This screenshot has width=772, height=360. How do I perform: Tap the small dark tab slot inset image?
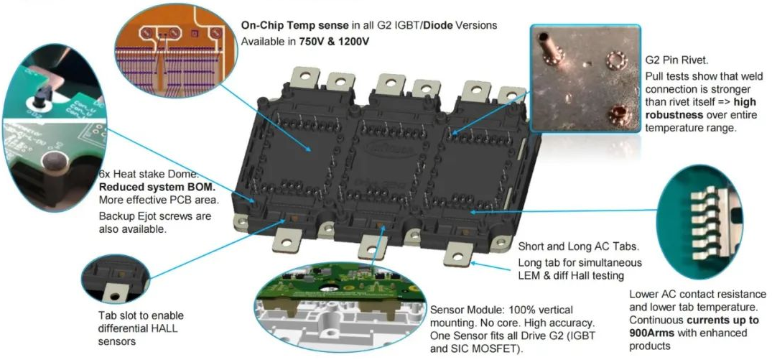click(115, 278)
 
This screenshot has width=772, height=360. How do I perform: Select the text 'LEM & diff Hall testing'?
click(571, 275)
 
